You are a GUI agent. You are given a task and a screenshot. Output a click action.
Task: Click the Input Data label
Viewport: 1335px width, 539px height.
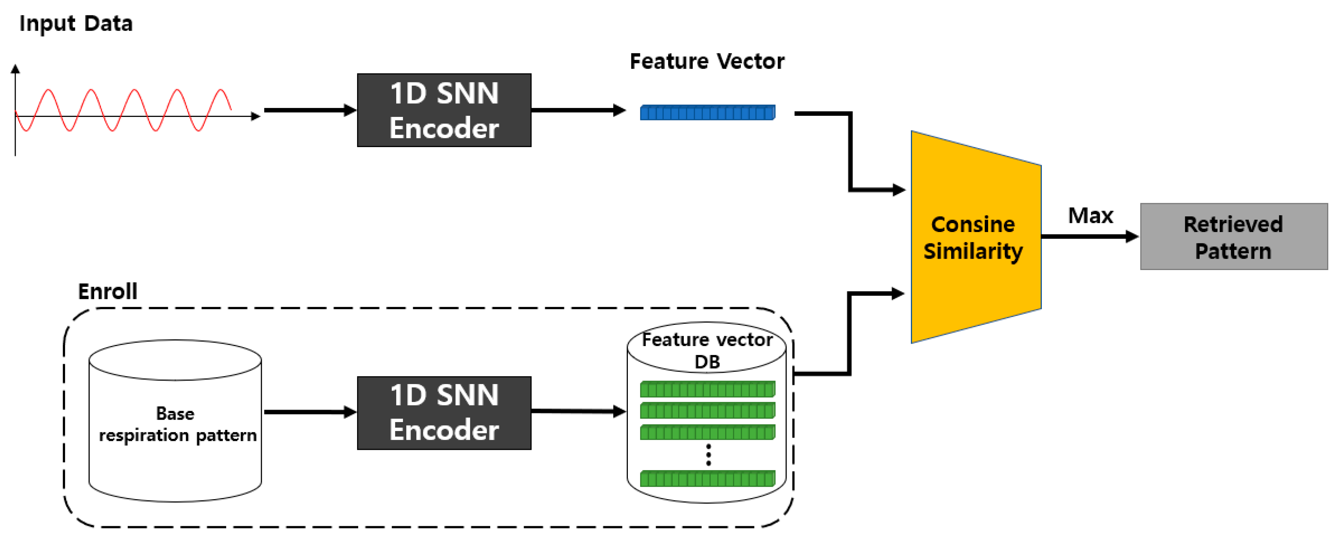[76, 24]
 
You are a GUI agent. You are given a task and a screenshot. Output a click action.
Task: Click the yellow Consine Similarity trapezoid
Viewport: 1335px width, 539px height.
[974, 237]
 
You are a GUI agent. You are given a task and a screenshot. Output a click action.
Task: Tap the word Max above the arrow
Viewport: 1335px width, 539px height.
[1090, 215]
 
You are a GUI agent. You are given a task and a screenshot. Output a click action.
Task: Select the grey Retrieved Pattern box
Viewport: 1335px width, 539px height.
[1233, 237]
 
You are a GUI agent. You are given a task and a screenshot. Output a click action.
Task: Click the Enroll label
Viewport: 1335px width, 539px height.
[107, 291]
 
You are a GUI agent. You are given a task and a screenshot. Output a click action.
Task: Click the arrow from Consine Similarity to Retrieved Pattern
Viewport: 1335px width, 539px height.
[1088, 237]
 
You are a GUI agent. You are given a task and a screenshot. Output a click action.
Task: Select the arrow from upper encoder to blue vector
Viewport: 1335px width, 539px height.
[578, 110]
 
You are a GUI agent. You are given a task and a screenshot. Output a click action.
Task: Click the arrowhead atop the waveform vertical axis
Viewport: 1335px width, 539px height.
[16, 68]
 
